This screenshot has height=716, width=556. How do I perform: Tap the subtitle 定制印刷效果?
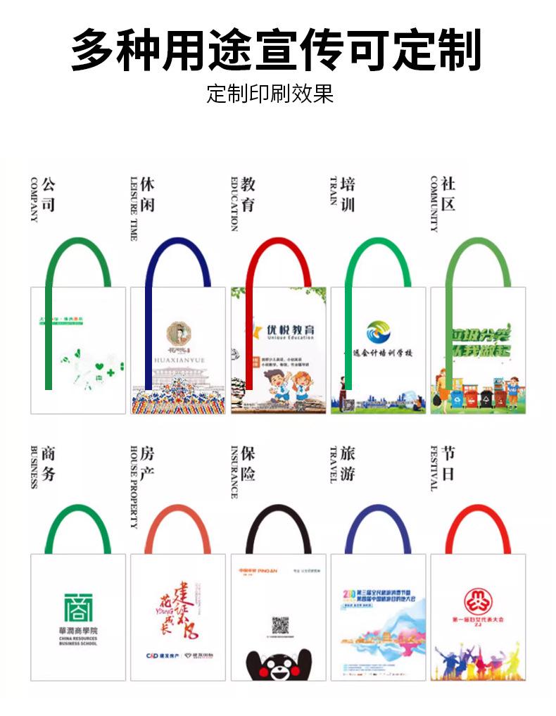[270, 94]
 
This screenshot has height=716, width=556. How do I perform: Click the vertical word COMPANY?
[33, 199]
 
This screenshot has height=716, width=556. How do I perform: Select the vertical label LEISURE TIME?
[133, 208]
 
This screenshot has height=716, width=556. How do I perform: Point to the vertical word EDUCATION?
[234, 203]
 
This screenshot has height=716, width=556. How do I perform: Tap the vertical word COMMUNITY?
[434, 203]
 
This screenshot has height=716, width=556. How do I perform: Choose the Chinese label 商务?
[48, 463]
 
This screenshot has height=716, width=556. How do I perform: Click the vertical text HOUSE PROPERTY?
[133, 486]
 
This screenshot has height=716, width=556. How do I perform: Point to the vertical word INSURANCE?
[234, 471]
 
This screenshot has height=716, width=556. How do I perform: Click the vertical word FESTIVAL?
[434, 467]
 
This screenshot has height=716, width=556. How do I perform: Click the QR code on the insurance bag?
[280, 625]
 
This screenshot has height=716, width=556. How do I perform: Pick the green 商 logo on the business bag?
[78, 608]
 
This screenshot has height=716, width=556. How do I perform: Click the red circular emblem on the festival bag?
[479, 601]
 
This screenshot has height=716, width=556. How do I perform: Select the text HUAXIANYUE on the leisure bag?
[179, 360]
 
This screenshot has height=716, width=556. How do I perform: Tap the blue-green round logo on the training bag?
[379, 332]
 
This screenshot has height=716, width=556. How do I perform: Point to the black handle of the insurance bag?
[278, 512]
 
